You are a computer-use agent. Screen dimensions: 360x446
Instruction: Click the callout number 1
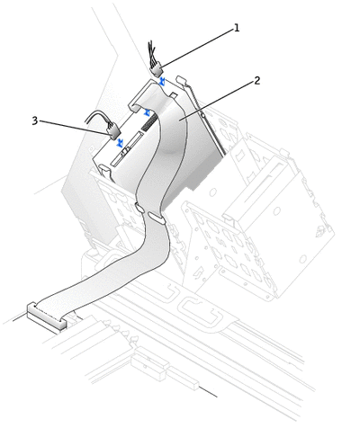237,28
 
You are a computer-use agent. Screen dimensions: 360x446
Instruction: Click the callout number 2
256,80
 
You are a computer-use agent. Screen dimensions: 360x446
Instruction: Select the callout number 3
35,120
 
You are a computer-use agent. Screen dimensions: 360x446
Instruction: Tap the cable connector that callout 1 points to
157,70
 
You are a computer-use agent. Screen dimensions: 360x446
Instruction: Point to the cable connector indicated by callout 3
113,132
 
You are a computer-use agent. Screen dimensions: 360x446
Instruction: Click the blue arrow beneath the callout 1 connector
162,81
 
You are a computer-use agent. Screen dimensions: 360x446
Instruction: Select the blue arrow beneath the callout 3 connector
121,143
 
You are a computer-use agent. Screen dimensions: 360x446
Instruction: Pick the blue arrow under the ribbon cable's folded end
147,112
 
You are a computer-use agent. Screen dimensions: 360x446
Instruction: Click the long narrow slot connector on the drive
126,148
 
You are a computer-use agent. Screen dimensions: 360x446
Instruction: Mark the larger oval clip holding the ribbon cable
155,219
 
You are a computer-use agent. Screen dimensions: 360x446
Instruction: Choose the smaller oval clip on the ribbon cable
139,207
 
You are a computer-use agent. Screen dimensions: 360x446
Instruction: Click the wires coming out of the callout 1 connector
152,53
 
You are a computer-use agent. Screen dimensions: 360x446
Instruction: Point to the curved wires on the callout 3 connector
99,118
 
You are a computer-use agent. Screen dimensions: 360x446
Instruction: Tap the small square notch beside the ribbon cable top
174,95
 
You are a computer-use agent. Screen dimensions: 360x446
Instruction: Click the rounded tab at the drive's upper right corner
182,80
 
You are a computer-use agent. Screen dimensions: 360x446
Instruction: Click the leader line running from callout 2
217,101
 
